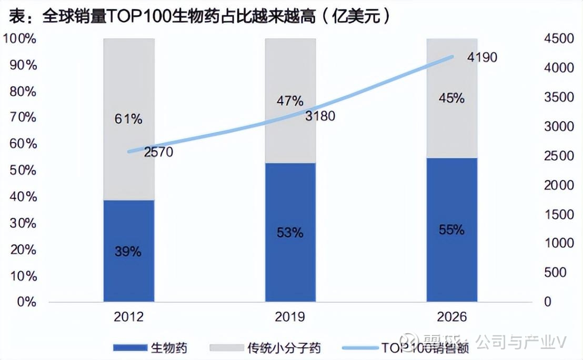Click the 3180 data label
tap(320, 116)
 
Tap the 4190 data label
tap(482, 57)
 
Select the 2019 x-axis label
tap(290, 317)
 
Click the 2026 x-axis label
tap(452, 317)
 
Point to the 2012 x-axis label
tap(129, 317)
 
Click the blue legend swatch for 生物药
tap(130, 348)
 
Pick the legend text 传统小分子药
tap(284, 348)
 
